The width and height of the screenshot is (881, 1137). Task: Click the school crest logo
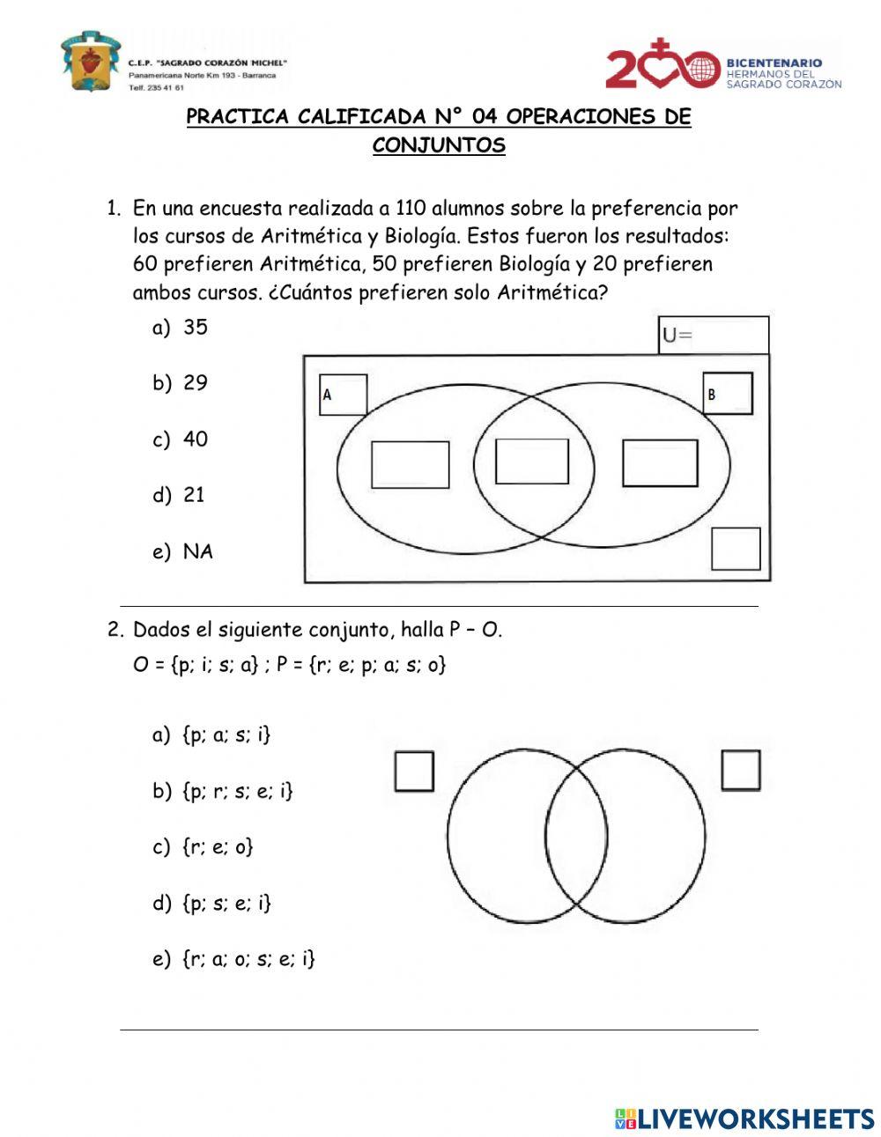pos(90,62)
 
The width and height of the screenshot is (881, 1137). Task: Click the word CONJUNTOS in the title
pos(439,145)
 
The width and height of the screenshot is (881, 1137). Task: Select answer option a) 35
pos(181,328)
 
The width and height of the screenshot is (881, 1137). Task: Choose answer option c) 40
pos(181,439)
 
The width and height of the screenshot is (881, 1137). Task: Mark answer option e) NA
pos(183,552)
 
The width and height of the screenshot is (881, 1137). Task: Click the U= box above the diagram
pos(714,336)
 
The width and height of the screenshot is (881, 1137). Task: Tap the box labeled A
pos(343,395)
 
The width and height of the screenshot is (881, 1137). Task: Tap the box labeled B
pos(728,394)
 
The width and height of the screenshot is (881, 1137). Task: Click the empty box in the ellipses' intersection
pos(532,461)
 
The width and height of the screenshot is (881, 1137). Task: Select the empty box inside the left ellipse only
pos(411,464)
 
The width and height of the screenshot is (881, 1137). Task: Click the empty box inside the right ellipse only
pos(660,462)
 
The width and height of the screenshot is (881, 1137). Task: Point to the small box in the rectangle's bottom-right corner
pos(736,549)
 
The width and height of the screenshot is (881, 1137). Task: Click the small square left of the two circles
pos(414,772)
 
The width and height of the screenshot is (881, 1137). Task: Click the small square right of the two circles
pos(741,770)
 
